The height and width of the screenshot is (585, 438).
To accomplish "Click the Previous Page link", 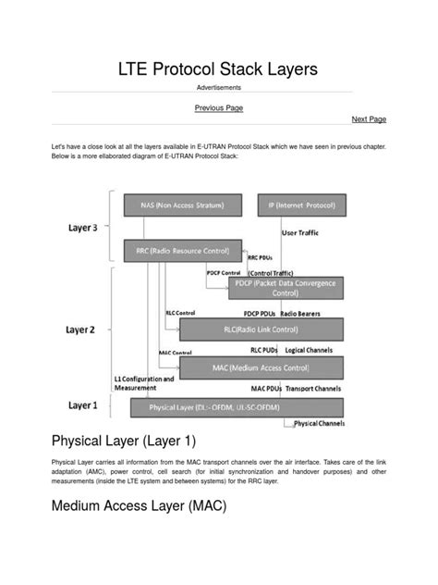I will pyautogui.click(x=219, y=108).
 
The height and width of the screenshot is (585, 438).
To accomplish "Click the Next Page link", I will pyautogui.click(x=369, y=119).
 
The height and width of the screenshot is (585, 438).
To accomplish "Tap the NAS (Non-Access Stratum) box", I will pyautogui.click(x=182, y=205).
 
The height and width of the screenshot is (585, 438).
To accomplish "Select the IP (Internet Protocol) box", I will pyautogui.click(x=301, y=205).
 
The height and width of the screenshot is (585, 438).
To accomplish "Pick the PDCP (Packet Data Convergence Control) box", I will pyautogui.click(x=286, y=288).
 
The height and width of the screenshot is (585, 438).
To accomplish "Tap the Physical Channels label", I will pyautogui.click(x=319, y=423).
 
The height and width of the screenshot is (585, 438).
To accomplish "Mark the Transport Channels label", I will pyautogui.click(x=314, y=389).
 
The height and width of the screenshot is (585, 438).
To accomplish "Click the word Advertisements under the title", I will pyautogui.click(x=219, y=87).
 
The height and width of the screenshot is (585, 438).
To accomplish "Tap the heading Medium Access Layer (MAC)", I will pyautogui.click(x=139, y=506).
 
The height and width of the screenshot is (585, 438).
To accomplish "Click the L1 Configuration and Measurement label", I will pyautogui.click(x=142, y=384).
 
